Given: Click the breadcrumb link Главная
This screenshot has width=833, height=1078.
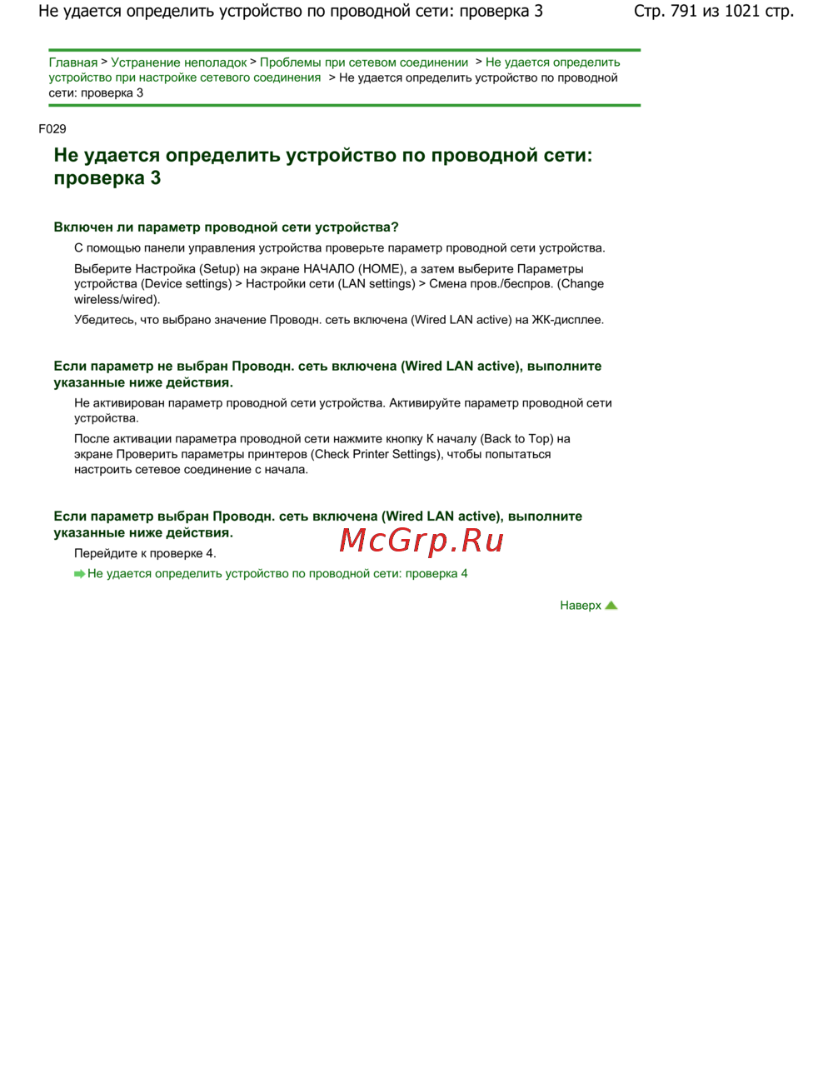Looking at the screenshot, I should click(72, 62).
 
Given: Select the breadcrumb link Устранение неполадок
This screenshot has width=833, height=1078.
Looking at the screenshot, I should click(178, 62).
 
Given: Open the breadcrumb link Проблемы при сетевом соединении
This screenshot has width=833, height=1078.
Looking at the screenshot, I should click(364, 62).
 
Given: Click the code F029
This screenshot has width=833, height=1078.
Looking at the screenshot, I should click(52, 128).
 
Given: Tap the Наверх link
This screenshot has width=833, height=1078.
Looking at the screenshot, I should click(580, 606).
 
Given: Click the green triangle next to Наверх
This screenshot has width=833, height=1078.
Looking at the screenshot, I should click(611, 606).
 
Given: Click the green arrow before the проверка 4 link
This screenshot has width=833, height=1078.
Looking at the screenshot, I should click(79, 574).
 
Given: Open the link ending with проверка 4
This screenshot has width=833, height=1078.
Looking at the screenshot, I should click(277, 574).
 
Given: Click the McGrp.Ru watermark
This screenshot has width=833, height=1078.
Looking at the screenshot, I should click(421, 541).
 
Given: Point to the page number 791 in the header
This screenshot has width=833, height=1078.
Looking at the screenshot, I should click(683, 12).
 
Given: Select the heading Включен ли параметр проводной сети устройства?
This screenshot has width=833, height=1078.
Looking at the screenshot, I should click(226, 227).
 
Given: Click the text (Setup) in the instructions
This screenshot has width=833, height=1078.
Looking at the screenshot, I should click(219, 269).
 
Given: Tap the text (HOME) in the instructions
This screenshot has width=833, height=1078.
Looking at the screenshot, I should click(382, 269).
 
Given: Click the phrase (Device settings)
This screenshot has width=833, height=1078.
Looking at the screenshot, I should click(187, 284).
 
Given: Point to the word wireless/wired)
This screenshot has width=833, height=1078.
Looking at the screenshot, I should click(117, 300).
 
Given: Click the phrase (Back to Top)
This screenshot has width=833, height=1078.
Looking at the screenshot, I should click(518, 439).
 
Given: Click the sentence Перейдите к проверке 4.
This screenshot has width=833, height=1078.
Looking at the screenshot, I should click(145, 554).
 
